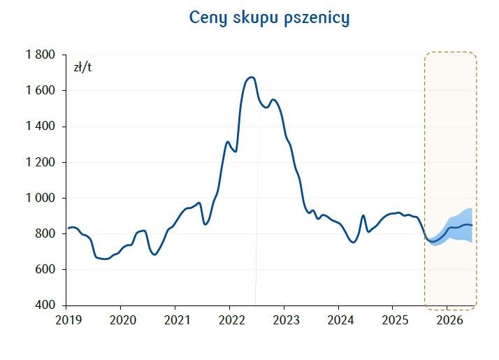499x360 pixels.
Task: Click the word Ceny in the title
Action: point(209,18)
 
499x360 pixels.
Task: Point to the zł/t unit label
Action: point(82,68)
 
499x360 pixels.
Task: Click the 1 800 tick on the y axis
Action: point(41,55)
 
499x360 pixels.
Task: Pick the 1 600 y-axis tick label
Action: point(41,90)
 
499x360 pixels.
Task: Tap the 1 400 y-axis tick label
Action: point(41,127)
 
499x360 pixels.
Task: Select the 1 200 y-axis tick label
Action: point(41,162)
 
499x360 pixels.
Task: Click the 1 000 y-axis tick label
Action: point(41,198)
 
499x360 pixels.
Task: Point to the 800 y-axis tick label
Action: point(45,233)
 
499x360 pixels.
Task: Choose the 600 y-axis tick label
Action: point(45,270)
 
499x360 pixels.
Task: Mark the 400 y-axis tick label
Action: point(45,305)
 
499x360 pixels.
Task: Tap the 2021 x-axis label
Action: point(175,321)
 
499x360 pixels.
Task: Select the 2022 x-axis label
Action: point(229,321)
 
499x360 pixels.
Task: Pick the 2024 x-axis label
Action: point(338,321)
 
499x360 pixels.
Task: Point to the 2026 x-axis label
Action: point(447,321)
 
